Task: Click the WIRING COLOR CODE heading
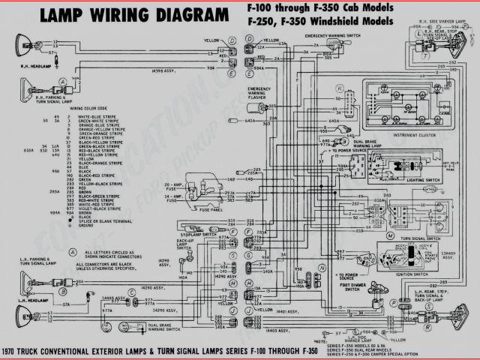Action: tap(88, 107)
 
